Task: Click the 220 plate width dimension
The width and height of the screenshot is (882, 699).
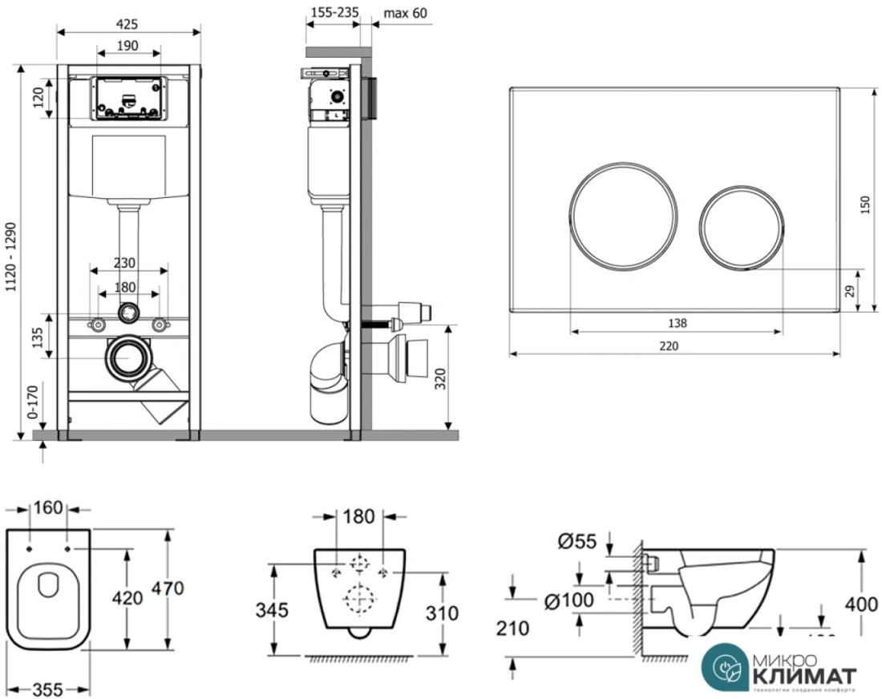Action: point(668,346)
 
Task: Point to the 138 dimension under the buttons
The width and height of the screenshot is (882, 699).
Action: point(677,324)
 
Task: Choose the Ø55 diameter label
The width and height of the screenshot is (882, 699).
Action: point(576,542)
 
